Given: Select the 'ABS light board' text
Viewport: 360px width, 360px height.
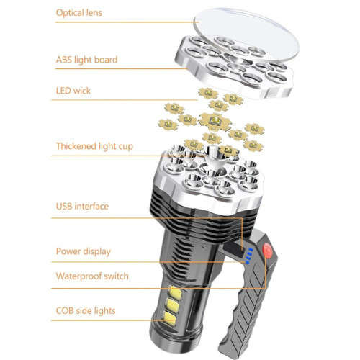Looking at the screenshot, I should [86, 60].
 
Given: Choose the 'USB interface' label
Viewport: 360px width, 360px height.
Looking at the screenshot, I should [83, 207].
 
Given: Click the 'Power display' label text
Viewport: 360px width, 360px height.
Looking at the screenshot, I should [84, 251].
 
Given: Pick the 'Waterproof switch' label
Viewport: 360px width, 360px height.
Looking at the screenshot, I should [91, 276].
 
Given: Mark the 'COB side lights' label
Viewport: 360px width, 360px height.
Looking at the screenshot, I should [86, 310].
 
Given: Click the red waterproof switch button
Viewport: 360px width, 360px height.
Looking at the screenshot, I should [269, 253].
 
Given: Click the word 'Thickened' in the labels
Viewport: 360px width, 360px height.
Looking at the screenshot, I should [79, 147].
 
